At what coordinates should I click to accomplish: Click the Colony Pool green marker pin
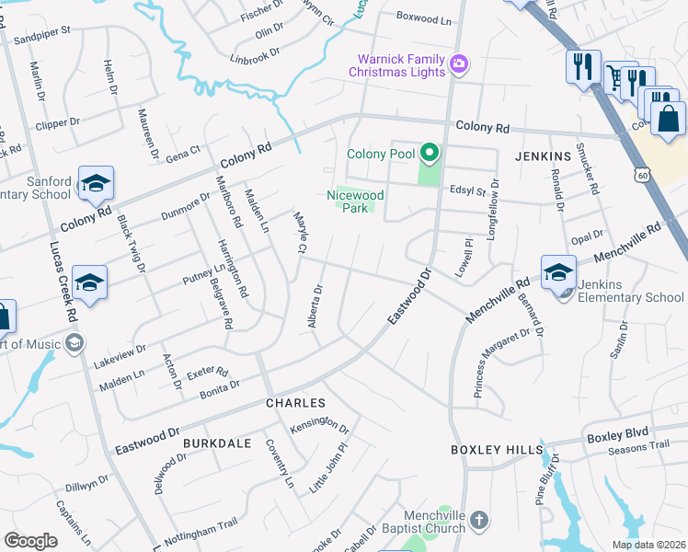(x=428, y=153)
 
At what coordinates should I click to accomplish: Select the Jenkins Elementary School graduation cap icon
(x=557, y=271)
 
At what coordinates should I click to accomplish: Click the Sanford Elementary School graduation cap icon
(x=95, y=182)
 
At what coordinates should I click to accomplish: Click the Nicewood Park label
(x=356, y=201)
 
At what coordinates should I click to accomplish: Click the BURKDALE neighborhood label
(x=217, y=443)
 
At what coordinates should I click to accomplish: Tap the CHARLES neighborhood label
(x=295, y=404)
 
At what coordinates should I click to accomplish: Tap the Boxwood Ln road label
(x=425, y=17)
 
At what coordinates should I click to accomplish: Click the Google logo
(x=30, y=540)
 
